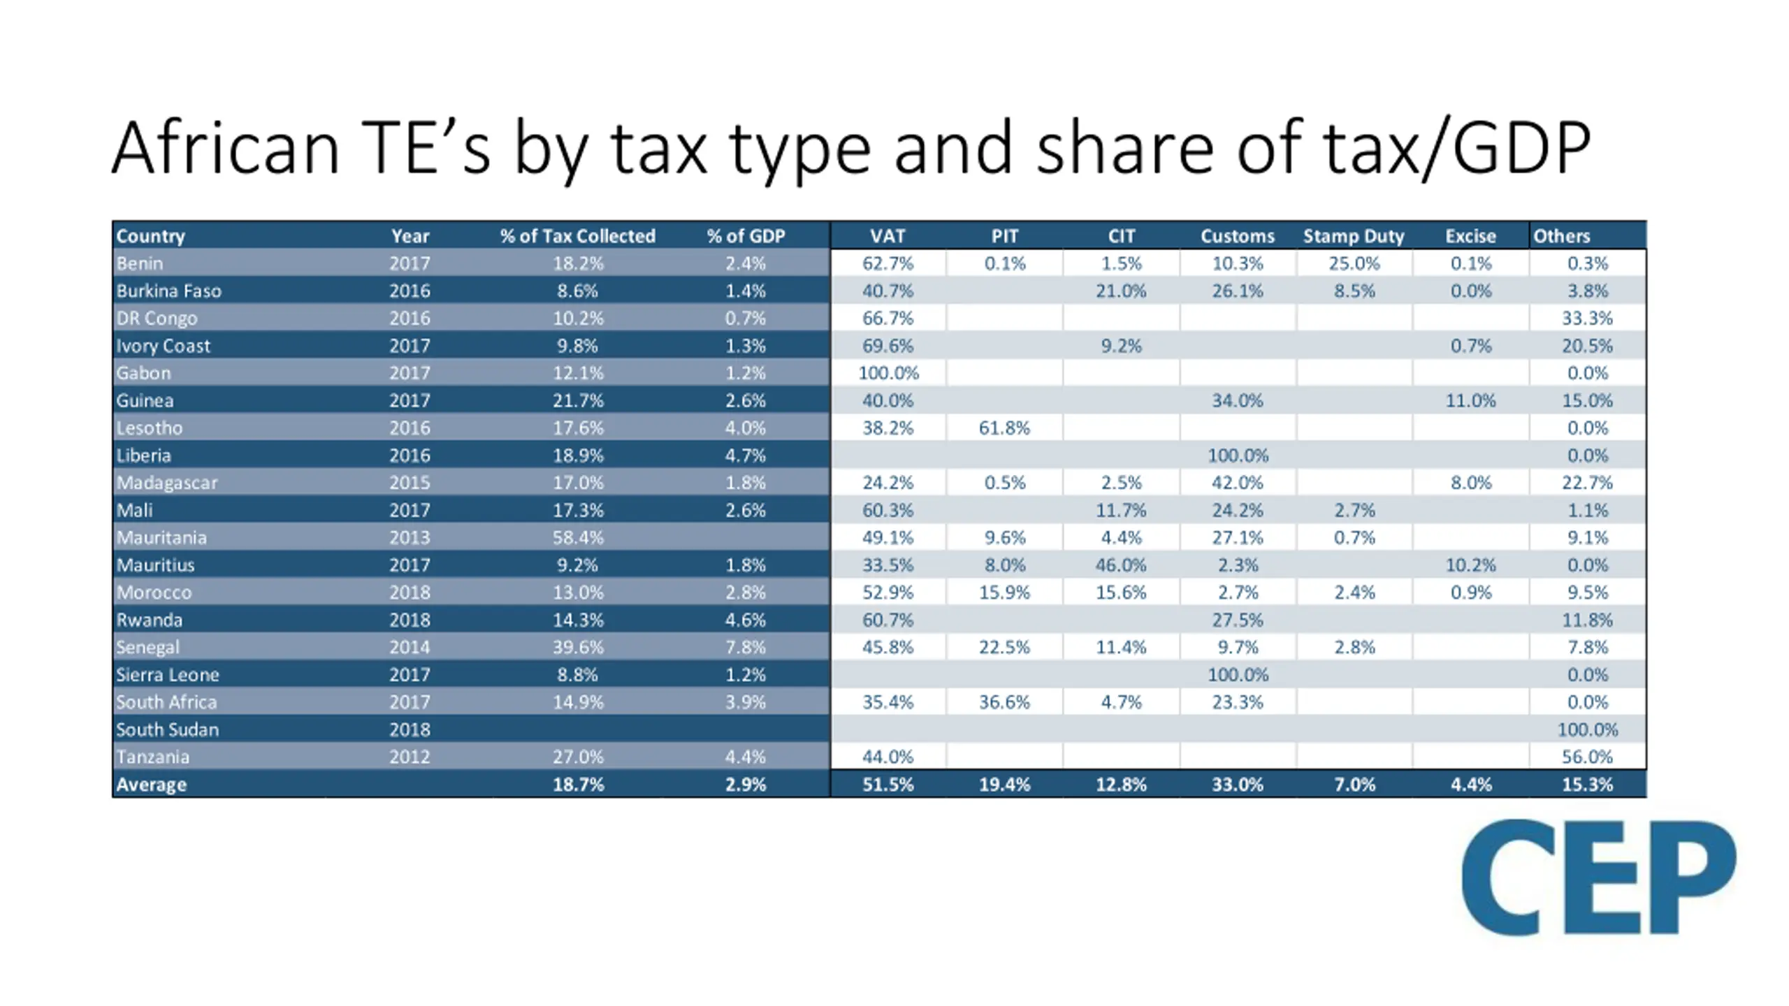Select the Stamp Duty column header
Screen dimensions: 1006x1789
click(1353, 236)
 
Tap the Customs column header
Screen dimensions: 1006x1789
click(1237, 236)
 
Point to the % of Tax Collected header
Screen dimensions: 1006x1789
click(577, 236)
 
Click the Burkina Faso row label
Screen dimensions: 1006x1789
click(168, 291)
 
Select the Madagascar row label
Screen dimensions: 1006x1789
click(167, 483)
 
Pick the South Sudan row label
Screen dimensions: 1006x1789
click(167, 729)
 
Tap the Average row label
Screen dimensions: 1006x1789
click(151, 785)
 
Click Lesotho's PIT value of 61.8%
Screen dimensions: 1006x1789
click(1004, 428)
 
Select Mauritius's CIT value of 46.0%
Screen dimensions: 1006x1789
click(1120, 565)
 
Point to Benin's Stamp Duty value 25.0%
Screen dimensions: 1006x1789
click(1354, 263)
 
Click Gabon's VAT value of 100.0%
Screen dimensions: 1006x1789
click(888, 373)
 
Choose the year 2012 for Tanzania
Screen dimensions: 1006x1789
click(410, 757)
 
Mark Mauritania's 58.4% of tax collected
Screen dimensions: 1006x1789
click(577, 538)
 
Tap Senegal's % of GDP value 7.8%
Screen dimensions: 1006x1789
click(745, 647)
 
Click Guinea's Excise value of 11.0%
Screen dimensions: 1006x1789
click(1470, 401)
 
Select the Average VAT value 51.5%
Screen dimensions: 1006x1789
click(888, 785)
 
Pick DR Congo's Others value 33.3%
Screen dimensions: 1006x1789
click(1587, 319)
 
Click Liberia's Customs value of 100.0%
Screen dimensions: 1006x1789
click(1237, 455)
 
